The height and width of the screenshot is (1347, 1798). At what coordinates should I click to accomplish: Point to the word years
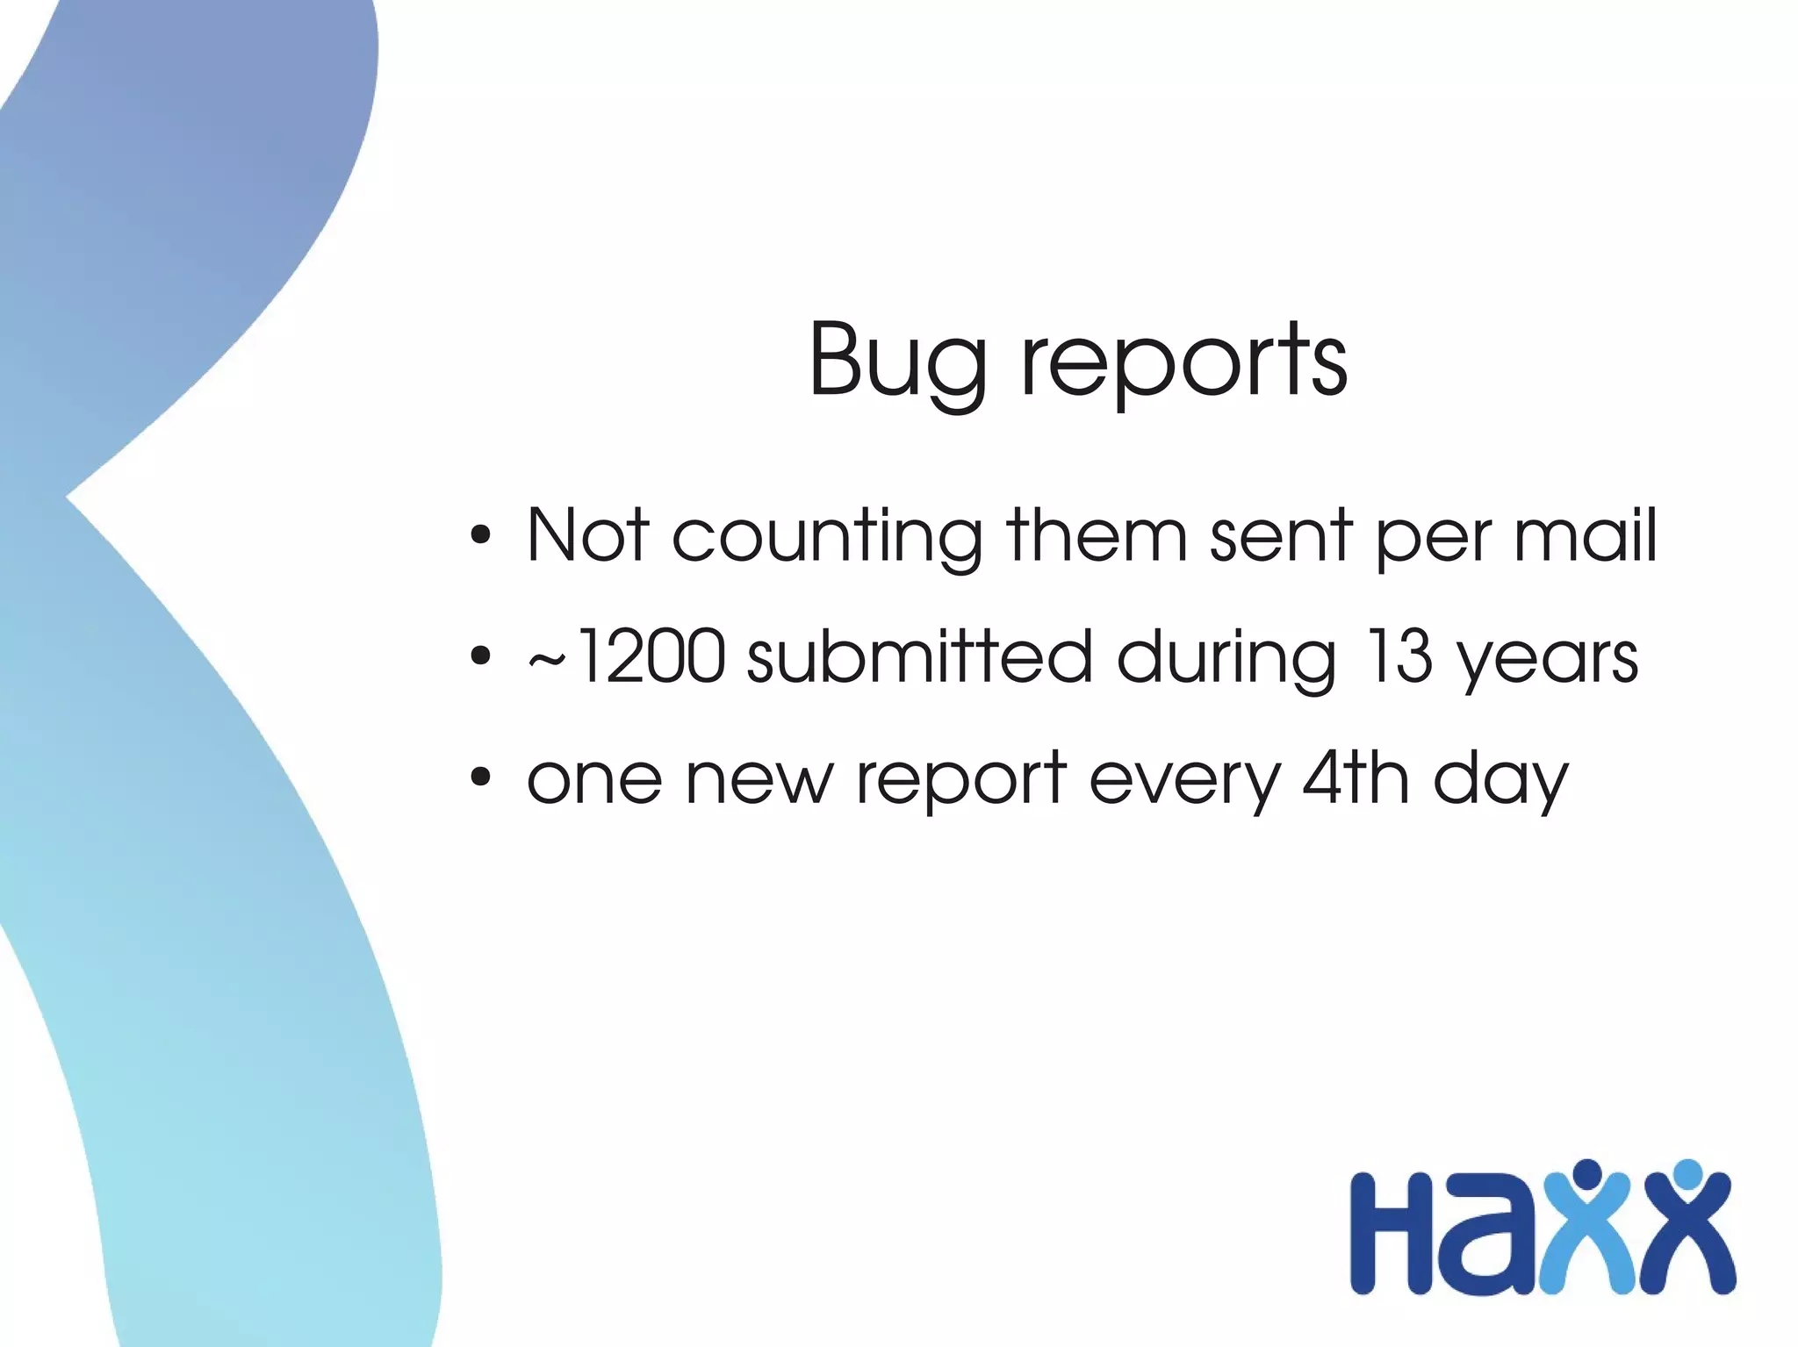coord(1547,660)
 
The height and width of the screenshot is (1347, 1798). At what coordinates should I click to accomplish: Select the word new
coord(758,779)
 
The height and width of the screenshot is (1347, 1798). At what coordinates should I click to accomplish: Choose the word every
coord(1185,781)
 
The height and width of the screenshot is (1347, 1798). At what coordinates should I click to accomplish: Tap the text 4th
coord(1356,777)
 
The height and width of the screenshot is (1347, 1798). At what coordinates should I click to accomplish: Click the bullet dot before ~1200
coord(479,656)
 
